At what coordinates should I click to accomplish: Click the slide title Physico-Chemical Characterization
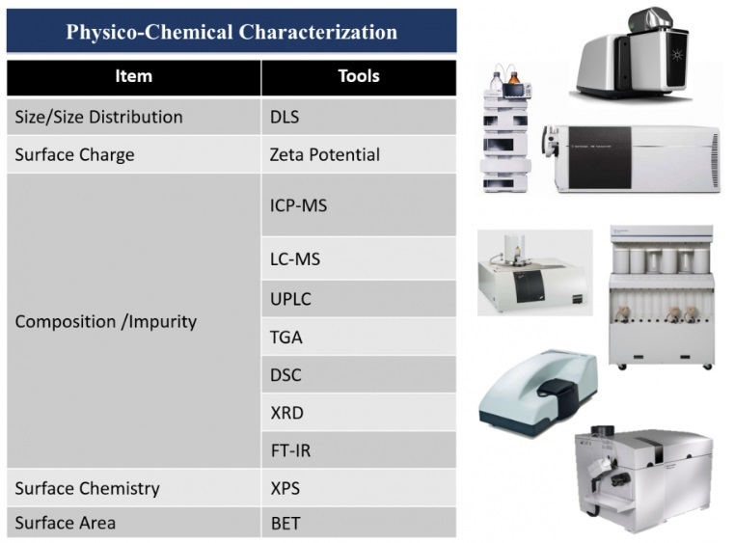[x=231, y=32]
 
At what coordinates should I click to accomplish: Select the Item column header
[x=134, y=76]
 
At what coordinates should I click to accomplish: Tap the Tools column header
[x=359, y=76]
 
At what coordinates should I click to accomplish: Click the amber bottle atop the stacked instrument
[x=514, y=78]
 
